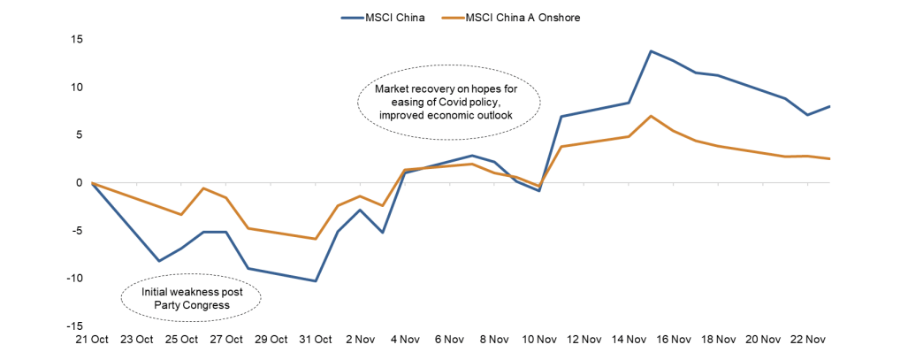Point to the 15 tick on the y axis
pos(77,39)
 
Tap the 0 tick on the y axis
pos(80,182)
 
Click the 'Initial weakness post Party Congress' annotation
pos(191,298)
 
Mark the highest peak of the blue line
pos(652,51)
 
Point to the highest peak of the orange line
pos(652,116)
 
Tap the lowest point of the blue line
pos(316,280)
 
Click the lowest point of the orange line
pos(316,239)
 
